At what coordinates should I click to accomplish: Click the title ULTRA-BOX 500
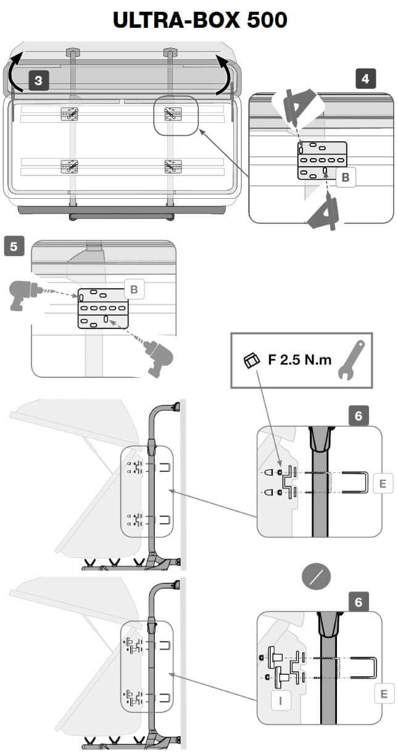tap(200, 20)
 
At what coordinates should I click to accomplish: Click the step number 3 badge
tap(39, 81)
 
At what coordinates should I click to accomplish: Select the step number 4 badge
tap(365, 78)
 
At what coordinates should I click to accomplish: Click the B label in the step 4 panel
tap(346, 177)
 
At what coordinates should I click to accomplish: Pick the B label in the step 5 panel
tap(133, 288)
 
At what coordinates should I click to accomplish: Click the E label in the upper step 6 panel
tap(383, 483)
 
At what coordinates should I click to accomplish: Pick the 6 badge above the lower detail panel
tap(359, 601)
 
